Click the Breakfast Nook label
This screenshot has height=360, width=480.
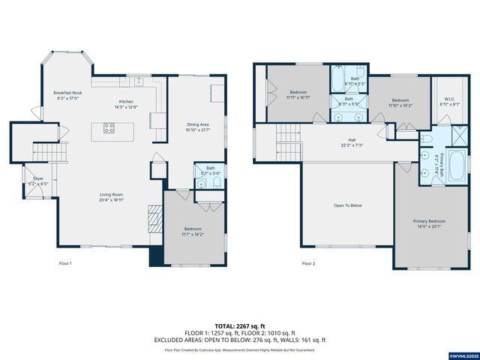pos(66,92)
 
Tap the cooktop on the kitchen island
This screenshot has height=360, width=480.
pos(108,128)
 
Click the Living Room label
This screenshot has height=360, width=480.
pos(111,195)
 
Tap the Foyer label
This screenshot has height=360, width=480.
pos(37,178)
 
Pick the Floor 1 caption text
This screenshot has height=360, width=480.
pos(65,263)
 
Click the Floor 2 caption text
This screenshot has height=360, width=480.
pos(308,263)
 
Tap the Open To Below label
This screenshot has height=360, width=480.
pos(348,205)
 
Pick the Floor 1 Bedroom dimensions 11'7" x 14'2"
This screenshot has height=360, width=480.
pos(193,233)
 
